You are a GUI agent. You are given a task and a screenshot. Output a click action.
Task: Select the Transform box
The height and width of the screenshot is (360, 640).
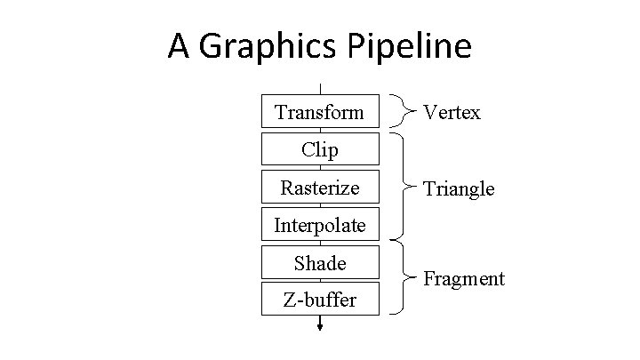point(319,112)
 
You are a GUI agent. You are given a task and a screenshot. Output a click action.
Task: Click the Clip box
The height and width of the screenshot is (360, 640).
point(319,149)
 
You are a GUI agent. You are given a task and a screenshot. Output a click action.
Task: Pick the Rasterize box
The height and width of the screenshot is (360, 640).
point(319,188)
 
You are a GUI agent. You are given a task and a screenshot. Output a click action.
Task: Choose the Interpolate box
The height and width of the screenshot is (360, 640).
point(319,225)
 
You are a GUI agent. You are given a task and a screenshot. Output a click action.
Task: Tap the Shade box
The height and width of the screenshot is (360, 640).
point(319,263)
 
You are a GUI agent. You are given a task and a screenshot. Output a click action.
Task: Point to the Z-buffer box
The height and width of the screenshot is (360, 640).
point(319,300)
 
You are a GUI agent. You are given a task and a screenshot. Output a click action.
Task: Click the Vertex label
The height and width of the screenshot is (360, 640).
point(452,112)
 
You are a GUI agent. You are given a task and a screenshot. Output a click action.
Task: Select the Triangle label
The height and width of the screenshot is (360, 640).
point(459,188)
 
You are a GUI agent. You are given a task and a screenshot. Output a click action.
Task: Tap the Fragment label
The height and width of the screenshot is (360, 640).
point(463,279)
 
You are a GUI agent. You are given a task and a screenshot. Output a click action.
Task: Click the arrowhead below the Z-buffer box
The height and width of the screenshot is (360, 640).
point(319,326)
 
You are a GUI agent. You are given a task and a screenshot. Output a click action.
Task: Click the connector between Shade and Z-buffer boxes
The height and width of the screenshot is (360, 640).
point(319,281)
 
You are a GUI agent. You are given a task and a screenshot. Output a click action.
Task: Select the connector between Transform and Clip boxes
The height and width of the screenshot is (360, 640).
point(319,130)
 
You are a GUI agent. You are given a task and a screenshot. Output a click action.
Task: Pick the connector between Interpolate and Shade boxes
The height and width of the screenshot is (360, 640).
point(319,244)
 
